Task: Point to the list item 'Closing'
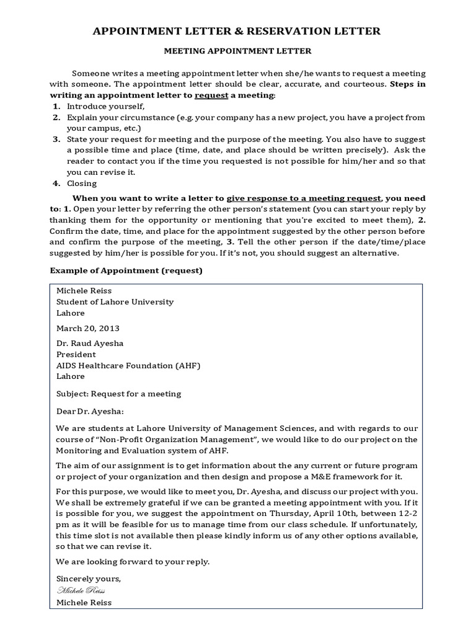82,183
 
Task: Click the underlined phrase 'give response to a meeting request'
304,198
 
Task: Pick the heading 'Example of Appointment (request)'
126,270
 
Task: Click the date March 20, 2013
87,327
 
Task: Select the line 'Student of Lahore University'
115,301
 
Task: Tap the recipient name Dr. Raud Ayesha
90,343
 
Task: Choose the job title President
76,354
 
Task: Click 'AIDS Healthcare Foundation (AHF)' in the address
128,365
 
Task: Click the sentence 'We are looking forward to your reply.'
133,562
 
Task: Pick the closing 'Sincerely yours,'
88,579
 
